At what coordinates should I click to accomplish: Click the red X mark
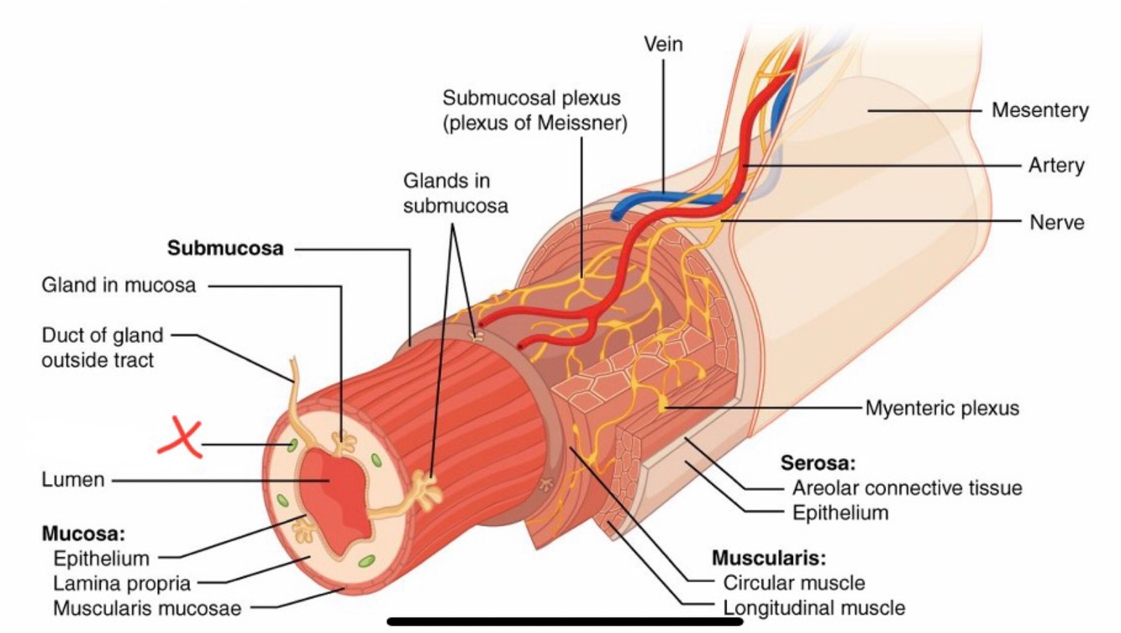tap(179, 438)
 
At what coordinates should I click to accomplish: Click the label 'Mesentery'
tap(1039, 110)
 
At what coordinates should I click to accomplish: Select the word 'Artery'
tap(1056, 166)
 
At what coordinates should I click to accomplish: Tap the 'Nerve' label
tap(1056, 222)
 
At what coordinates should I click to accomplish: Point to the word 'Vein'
tap(663, 45)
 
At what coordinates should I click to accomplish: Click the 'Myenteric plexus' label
tap(941, 409)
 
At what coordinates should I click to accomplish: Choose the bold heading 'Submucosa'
tap(225, 249)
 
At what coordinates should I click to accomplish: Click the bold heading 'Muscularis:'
tap(769, 557)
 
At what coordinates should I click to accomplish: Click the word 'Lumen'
tap(73, 480)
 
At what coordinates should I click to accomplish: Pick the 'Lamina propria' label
tap(122, 582)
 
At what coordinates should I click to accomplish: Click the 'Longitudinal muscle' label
tap(813, 607)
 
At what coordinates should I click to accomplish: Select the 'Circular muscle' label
tap(793, 582)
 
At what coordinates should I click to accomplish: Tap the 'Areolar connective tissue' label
tap(907, 488)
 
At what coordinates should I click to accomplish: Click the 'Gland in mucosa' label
tap(118, 286)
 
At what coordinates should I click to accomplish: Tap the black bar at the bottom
tap(565, 622)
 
